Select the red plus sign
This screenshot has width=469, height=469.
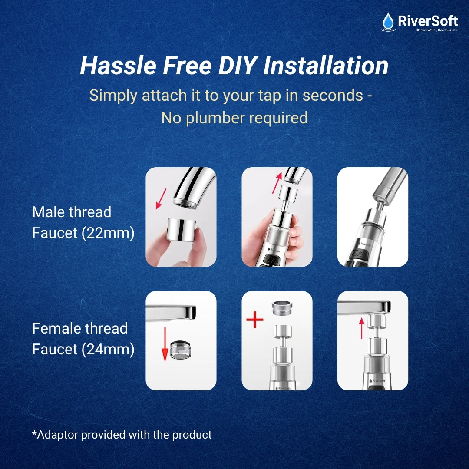pyautogui.click(x=255, y=320)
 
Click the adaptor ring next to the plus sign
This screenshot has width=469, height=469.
pyautogui.click(x=282, y=309)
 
